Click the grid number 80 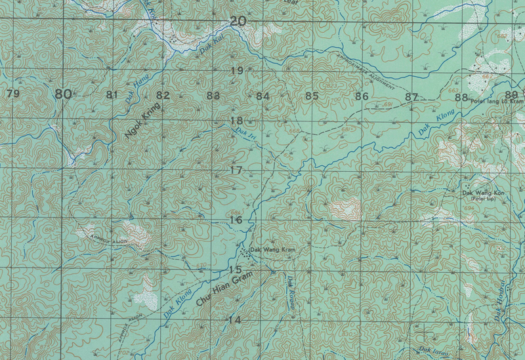(63, 94)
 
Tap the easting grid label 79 (12, 94)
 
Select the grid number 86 (361, 96)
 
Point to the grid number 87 (411, 97)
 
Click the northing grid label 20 (238, 22)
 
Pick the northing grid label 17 (236, 170)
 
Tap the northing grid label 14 (234, 319)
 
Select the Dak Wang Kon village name (483, 193)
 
